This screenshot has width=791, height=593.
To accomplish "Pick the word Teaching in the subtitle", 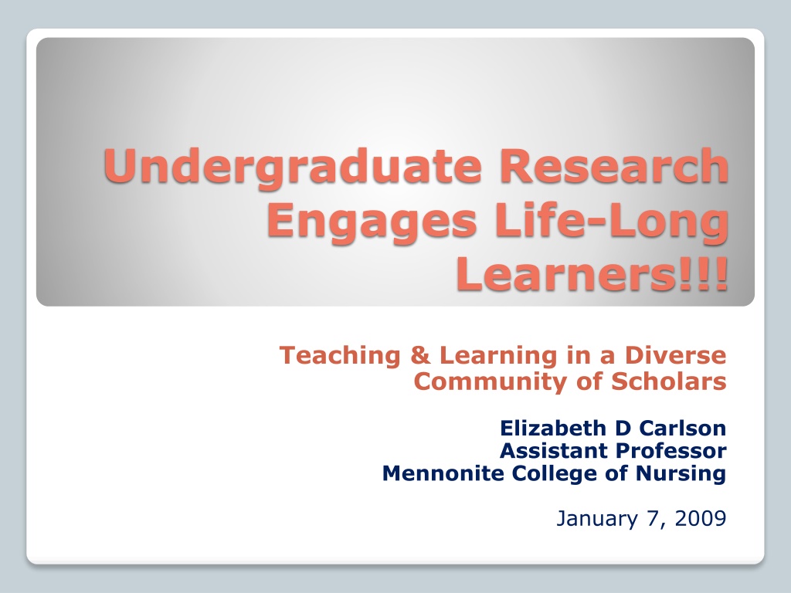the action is click(340, 356).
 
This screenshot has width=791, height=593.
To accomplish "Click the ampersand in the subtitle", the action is click(420, 355).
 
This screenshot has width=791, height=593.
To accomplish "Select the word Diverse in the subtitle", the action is click(675, 355).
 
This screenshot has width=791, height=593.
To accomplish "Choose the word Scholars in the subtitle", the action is click(669, 381).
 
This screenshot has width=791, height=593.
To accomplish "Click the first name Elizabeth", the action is click(553, 428).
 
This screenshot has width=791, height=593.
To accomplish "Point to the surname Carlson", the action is click(683, 428).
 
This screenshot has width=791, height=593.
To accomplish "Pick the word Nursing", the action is click(681, 474).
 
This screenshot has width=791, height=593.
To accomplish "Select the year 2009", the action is click(700, 518).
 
